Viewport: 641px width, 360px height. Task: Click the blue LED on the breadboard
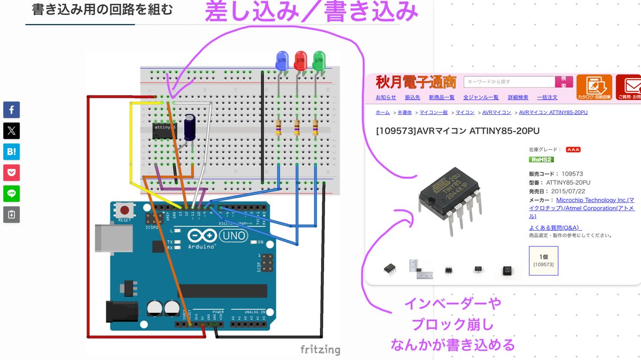point(281,60)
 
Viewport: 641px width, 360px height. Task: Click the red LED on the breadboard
point(300,60)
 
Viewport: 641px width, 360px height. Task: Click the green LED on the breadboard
point(319,60)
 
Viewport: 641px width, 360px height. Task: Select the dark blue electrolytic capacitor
point(190,127)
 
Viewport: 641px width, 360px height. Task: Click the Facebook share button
point(11,110)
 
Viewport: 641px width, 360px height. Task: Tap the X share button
point(11,131)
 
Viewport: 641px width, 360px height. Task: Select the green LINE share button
point(11,193)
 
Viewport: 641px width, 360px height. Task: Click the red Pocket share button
point(11,173)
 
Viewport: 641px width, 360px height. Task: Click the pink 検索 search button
point(564,82)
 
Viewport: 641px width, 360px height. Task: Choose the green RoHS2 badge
point(541,159)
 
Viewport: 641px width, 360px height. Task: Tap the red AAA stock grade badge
point(573,150)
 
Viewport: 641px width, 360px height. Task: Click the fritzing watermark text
point(320,350)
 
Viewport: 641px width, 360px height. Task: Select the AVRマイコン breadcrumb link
point(494,113)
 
